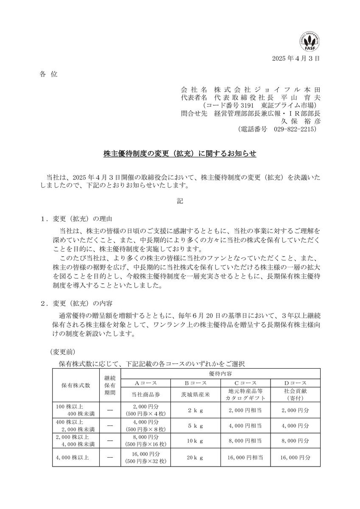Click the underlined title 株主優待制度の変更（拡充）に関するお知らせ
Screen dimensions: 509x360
pyautogui.click(x=180, y=153)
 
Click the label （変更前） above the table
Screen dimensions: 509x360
pyautogui.click(x=63, y=352)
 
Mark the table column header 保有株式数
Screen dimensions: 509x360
pyautogui.click(x=76, y=385)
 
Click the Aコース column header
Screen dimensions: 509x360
pyautogui.click(x=146, y=383)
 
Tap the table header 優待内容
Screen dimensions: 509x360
pyautogui.click(x=220, y=372)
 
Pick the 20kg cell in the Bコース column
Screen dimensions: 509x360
pyautogui.click(x=195, y=457)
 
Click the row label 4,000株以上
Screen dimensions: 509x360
pyautogui.click(x=70, y=457)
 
